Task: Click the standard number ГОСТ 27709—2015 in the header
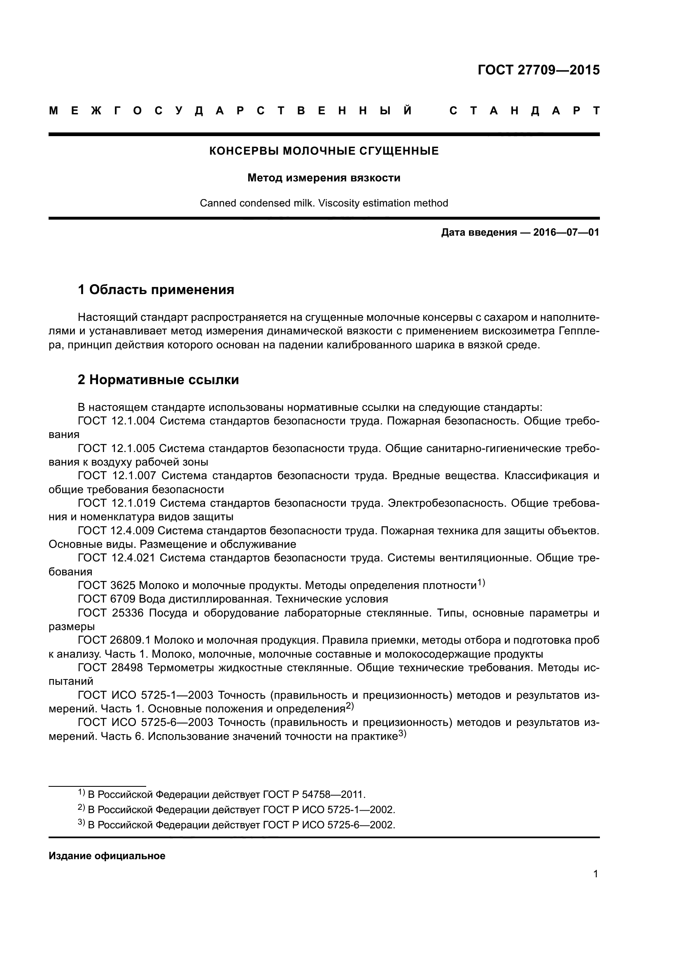(x=539, y=70)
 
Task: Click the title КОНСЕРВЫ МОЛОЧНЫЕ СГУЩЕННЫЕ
(x=324, y=151)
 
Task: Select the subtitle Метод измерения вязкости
(x=324, y=178)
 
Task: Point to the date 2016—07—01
(x=566, y=232)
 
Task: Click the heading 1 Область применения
(x=156, y=290)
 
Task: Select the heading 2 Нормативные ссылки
(x=159, y=380)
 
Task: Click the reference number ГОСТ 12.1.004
(x=117, y=421)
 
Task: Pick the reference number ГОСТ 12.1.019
(x=117, y=503)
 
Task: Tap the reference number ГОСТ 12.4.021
(x=117, y=558)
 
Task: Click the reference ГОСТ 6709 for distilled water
(x=107, y=599)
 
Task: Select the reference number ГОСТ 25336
(x=111, y=613)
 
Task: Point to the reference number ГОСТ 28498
(x=111, y=668)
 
